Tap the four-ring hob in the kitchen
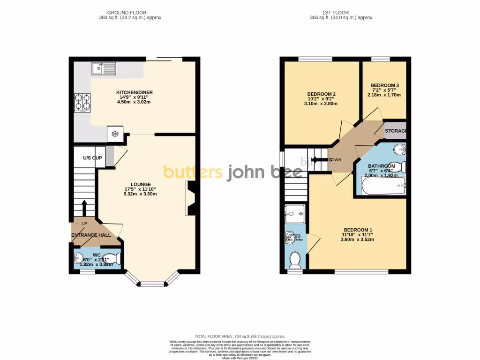(82, 103)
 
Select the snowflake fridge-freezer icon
(115, 134)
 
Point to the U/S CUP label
(92, 158)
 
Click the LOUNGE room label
(140, 184)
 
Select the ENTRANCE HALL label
(91, 235)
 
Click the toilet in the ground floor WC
(113, 259)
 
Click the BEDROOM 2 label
(321, 94)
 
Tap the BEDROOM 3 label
(385, 85)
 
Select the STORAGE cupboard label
(395, 131)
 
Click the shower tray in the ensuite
(295, 213)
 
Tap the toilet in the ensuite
(294, 260)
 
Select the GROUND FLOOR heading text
(126, 12)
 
